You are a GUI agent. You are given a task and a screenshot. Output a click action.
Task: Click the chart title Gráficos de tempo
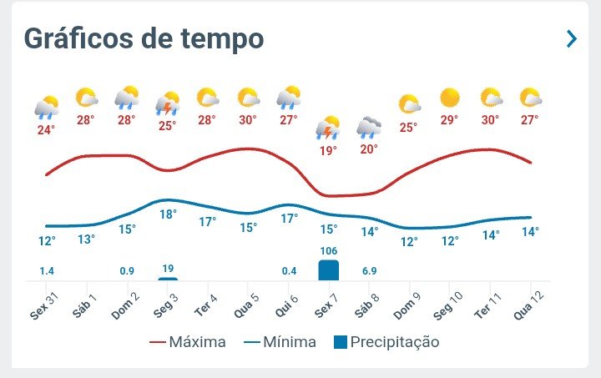coord(144,38)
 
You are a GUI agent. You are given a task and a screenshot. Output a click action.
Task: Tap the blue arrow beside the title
coord(572,38)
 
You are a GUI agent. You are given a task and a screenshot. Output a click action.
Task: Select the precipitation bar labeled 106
coord(328,270)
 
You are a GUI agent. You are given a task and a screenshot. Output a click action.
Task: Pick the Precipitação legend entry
coord(386,341)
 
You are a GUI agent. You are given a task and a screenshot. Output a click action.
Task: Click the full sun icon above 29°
coord(450,98)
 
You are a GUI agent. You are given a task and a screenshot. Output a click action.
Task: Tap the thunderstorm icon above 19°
coord(328,128)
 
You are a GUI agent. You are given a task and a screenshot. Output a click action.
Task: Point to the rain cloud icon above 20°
coord(369,127)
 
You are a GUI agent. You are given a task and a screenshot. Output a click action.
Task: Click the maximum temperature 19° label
coord(328,151)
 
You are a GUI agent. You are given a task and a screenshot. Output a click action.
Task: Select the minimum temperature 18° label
coord(168,214)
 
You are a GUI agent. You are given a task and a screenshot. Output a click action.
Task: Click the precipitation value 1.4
coord(47,271)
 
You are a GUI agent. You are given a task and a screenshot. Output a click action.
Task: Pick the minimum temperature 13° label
coord(87,239)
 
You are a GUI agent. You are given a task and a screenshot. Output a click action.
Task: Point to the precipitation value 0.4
coord(289,271)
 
